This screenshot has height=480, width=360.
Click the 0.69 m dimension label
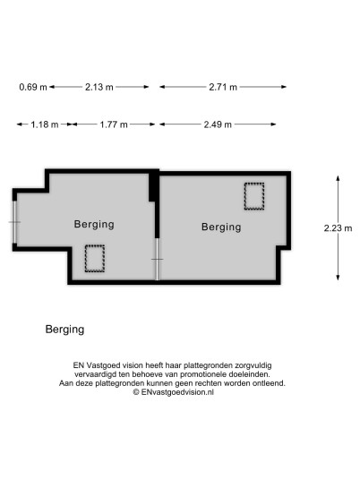(33, 87)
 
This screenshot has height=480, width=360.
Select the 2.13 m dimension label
(99, 87)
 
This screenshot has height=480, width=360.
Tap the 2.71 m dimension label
(223, 87)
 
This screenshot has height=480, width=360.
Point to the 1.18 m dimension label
(45, 124)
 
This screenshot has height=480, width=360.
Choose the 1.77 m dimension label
(114, 124)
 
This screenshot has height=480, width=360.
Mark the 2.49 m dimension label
(218, 124)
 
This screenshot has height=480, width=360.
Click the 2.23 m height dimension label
(338, 228)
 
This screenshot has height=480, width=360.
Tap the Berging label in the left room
(94, 225)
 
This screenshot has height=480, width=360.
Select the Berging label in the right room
(221, 227)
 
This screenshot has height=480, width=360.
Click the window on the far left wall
(14, 222)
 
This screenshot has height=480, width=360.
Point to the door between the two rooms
(157, 260)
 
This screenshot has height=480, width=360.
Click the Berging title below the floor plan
(64, 330)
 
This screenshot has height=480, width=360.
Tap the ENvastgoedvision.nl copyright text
(174, 392)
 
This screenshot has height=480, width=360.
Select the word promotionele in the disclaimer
(201, 374)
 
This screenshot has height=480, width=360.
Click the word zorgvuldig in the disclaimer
(253, 365)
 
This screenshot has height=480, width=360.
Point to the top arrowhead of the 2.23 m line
(338, 178)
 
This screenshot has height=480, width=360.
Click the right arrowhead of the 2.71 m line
(284, 87)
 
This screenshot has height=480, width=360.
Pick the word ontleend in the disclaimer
(270, 383)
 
